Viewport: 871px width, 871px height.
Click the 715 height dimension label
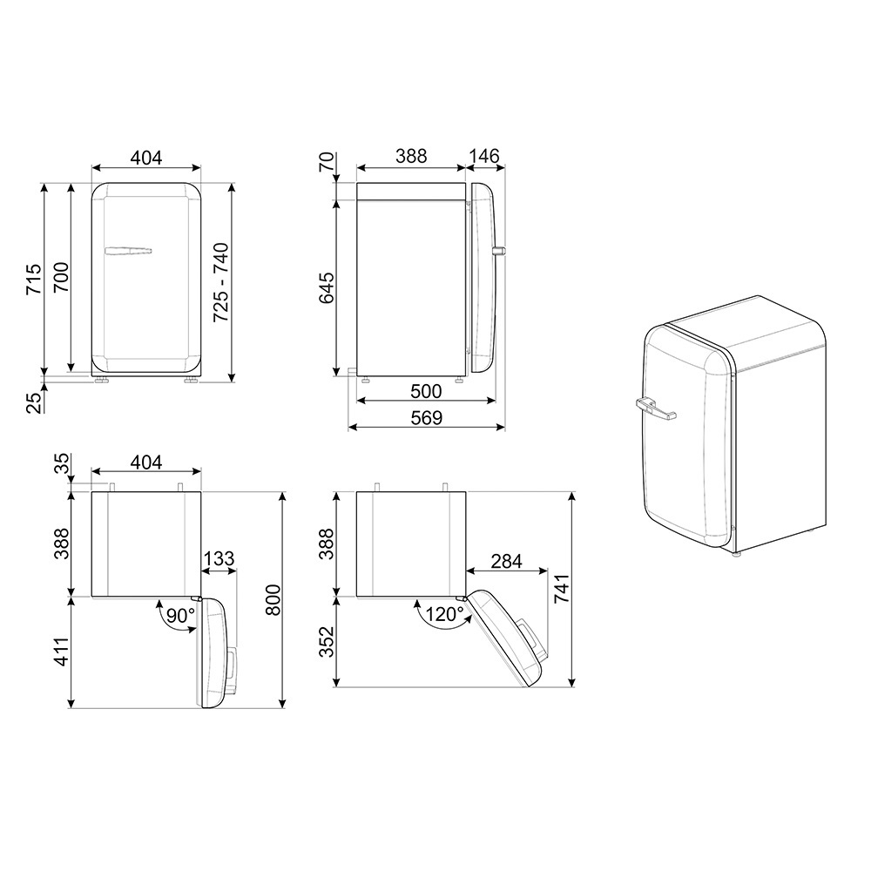[x=34, y=279]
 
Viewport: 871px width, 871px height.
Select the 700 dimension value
[x=61, y=277]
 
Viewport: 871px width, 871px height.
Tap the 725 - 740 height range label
[x=221, y=282]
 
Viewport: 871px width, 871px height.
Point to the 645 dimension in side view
[x=326, y=287]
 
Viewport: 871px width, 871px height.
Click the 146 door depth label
[x=484, y=156]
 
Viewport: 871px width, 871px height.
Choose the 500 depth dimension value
[x=426, y=392]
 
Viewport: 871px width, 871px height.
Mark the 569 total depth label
[x=426, y=418]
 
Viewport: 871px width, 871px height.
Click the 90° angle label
[x=181, y=615]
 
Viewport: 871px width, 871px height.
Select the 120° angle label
[x=445, y=614]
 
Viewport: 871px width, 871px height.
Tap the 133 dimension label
[x=219, y=558]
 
